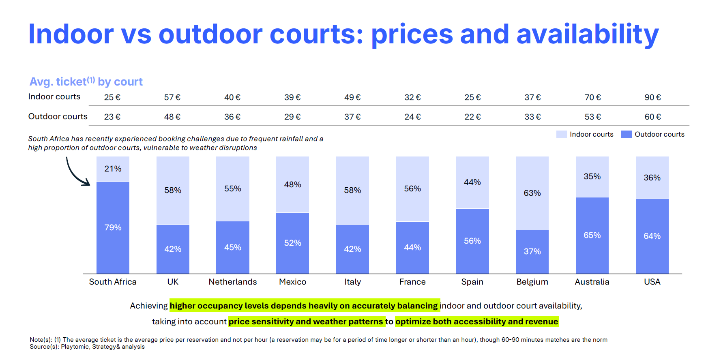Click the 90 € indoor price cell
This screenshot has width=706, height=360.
pos(652,97)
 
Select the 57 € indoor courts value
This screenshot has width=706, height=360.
pos(172,97)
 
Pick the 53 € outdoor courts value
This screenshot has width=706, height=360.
pos(592,117)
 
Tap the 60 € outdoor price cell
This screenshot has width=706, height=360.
pos(652,117)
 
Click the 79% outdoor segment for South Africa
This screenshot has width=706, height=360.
pos(113,227)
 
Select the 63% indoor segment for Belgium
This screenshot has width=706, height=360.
pos(532,193)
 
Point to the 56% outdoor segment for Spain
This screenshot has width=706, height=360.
pos(472,241)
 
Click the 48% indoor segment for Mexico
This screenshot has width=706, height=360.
pos(292,184)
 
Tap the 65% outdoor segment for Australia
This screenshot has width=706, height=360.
pos(592,235)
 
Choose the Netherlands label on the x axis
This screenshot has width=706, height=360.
pos(233,282)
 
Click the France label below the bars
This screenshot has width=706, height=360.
pos(412,282)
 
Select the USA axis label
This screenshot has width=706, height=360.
pos(652,282)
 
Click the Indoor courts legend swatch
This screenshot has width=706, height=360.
pos(561,134)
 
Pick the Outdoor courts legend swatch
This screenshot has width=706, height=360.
pos(626,134)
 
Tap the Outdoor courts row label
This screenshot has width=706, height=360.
pos(58,116)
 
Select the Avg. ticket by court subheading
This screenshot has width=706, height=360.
pos(86,82)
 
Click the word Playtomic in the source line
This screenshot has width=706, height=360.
pos(75,347)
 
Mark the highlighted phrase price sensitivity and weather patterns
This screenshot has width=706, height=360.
pos(306,321)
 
